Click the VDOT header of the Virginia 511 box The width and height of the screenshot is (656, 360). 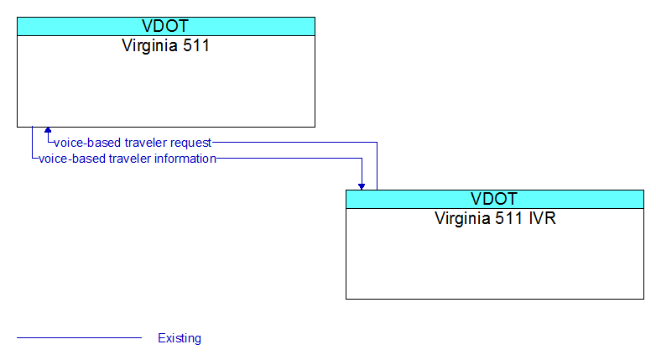click(x=165, y=26)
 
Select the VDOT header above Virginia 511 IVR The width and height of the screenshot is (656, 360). click(x=494, y=199)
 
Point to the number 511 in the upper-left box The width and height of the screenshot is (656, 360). click(x=195, y=45)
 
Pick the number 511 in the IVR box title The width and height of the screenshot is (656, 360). click(x=508, y=218)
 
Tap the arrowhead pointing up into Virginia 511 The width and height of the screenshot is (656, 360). click(x=48, y=130)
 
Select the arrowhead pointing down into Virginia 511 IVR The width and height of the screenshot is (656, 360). click(x=362, y=186)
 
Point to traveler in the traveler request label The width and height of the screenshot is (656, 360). click(x=146, y=143)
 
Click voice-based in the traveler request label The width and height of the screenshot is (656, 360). click(x=88, y=143)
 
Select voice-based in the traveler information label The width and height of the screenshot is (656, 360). click(x=72, y=159)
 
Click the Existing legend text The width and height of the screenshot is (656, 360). click(x=180, y=338)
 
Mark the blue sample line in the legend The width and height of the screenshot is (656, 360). click(x=79, y=337)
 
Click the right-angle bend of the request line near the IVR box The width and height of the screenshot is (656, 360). click(x=377, y=143)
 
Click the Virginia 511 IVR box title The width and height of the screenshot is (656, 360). click(x=495, y=219)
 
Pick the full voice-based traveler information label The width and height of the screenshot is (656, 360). click(x=128, y=159)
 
